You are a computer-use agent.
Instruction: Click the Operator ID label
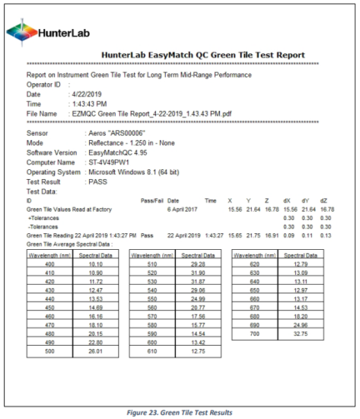(x=36, y=84)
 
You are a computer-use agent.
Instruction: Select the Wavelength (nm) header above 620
(x=254, y=254)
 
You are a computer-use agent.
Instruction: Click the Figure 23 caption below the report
(x=179, y=411)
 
